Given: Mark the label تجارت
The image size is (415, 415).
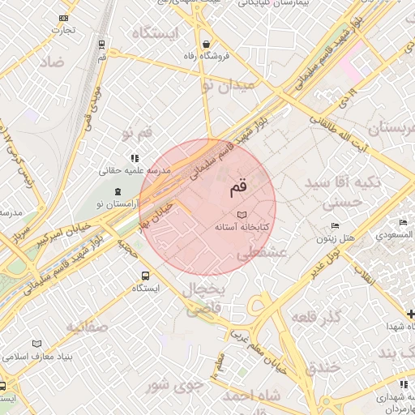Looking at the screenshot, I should [x=64, y=30].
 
